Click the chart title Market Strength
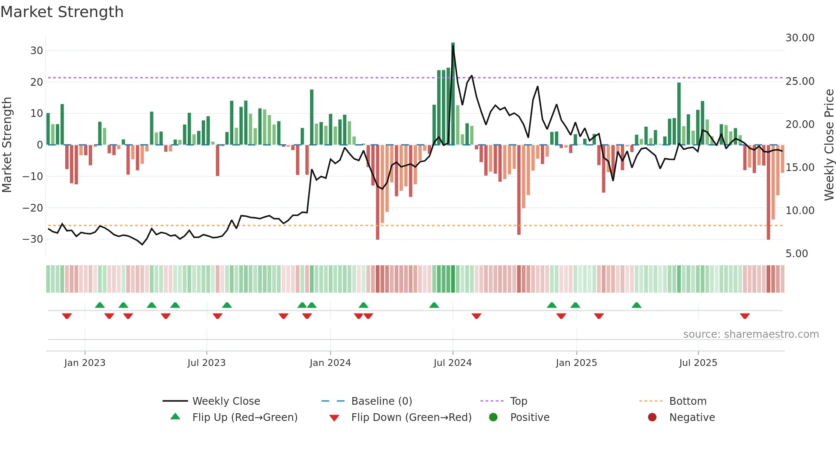pos(62,12)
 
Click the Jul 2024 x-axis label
pos(453,363)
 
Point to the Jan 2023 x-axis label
pos(85,363)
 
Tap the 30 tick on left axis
pos(37,51)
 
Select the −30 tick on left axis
pos(33,239)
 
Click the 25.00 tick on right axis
pos(800,81)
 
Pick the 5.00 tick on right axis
pos(797,254)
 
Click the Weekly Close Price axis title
pos(829,145)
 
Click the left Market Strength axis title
pos(7,145)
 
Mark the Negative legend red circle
pos(652,418)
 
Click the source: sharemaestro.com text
pos(751,334)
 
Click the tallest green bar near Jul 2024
pos(453,94)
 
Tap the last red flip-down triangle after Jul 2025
pos(745,316)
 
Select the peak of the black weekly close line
pos(453,46)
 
